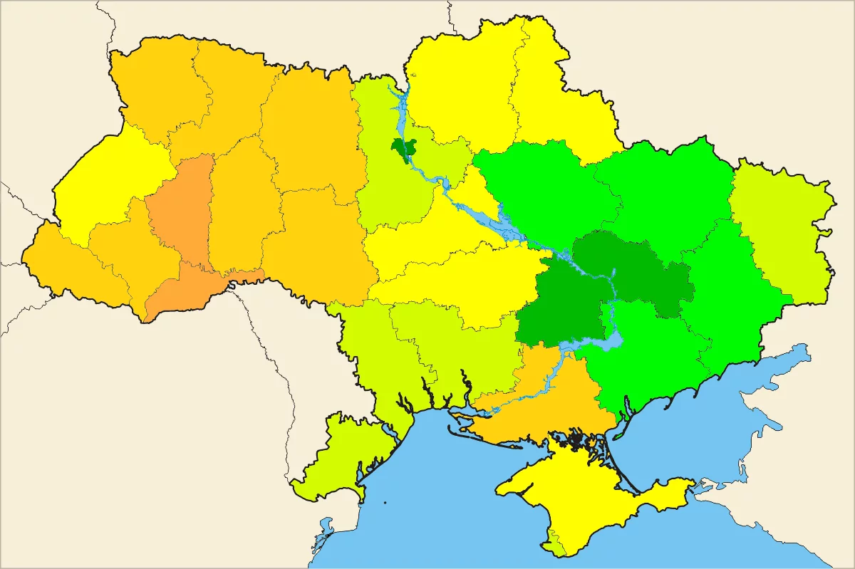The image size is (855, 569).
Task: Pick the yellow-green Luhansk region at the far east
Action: pos(780,228)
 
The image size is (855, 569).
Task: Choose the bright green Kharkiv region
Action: pos(663,192)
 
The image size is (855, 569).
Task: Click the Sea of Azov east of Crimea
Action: pos(712,427)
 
